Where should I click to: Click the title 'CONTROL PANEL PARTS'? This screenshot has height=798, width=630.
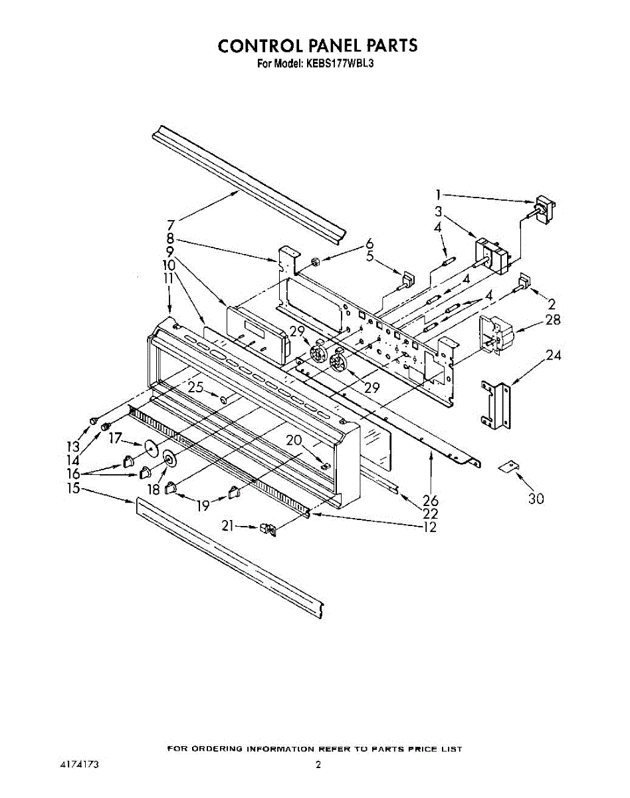pyautogui.click(x=318, y=46)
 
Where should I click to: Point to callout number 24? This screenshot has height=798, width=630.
pyautogui.click(x=553, y=356)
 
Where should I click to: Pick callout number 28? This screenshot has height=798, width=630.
pyautogui.click(x=552, y=321)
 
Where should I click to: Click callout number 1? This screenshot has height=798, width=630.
pyautogui.click(x=438, y=195)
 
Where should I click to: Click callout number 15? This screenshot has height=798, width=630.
pyautogui.click(x=73, y=488)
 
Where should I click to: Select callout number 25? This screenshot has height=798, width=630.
pyautogui.click(x=195, y=387)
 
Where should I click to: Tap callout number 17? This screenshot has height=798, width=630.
pyautogui.click(x=116, y=438)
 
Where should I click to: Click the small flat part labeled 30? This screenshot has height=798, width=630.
pyautogui.click(x=509, y=467)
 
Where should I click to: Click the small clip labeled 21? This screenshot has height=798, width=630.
pyautogui.click(x=267, y=530)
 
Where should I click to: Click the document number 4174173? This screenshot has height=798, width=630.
pyautogui.click(x=79, y=765)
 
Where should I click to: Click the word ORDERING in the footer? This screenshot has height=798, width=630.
pyautogui.click(x=218, y=749)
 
